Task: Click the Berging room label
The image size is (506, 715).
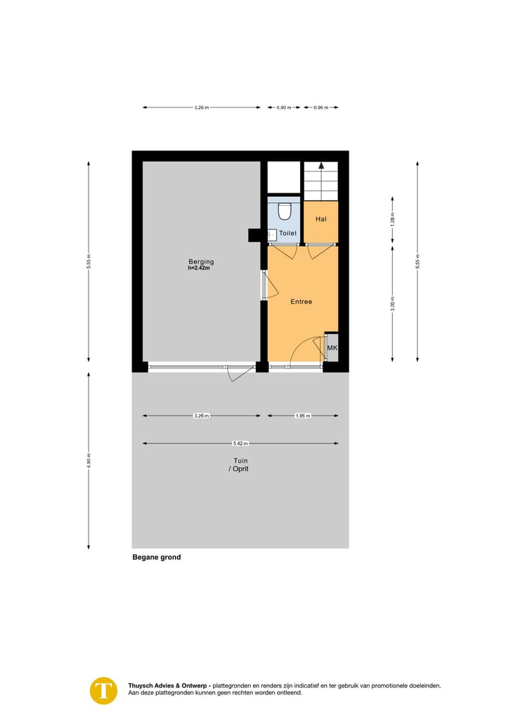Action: point(200,262)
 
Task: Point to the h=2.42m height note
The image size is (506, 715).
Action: point(200,269)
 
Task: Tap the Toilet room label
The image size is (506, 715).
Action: point(288,233)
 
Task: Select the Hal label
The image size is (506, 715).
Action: point(321,219)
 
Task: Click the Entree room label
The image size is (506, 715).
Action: point(301,302)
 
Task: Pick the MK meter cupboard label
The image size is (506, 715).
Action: point(332,348)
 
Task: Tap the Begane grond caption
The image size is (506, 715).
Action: point(157,558)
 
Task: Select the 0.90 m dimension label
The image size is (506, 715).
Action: point(282,108)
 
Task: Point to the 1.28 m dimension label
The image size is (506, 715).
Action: point(393,218)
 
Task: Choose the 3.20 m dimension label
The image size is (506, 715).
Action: point(393,304)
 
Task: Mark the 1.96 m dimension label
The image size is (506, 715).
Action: point(301,416)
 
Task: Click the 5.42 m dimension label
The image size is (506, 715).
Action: point(240,444)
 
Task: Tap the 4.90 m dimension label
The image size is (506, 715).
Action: point(89,460)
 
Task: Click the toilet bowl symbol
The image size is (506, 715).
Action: point(285,211)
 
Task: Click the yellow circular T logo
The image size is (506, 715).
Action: point(104,690)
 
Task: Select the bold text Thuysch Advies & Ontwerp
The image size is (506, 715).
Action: point(168,685)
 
